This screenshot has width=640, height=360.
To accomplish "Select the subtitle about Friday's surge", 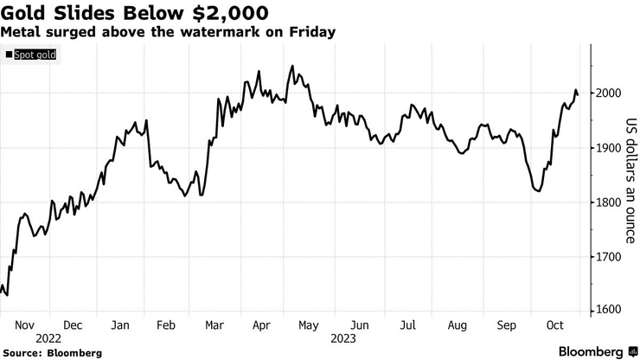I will (x=169, y=32).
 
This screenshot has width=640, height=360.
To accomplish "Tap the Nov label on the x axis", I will (x=24, y=325).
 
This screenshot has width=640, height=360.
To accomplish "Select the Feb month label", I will (x=167, y=325).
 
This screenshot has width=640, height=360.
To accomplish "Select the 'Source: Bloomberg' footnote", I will (x=53, y=353).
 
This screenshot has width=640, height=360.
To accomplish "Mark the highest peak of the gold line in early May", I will (x=292, y=66).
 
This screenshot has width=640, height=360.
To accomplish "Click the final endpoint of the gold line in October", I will (x=578, y=94).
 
